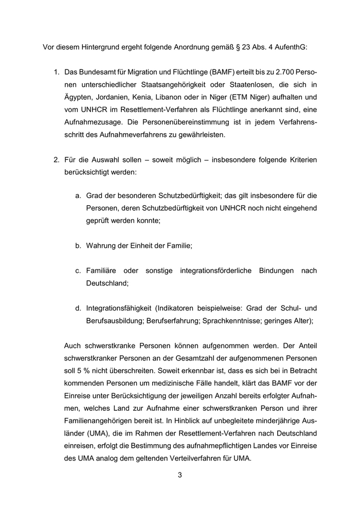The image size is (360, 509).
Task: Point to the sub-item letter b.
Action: [78, 246]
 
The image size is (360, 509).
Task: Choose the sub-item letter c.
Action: [78, 270]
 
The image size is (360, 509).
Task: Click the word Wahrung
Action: [102, 246]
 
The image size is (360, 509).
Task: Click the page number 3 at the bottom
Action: [180, 475]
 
